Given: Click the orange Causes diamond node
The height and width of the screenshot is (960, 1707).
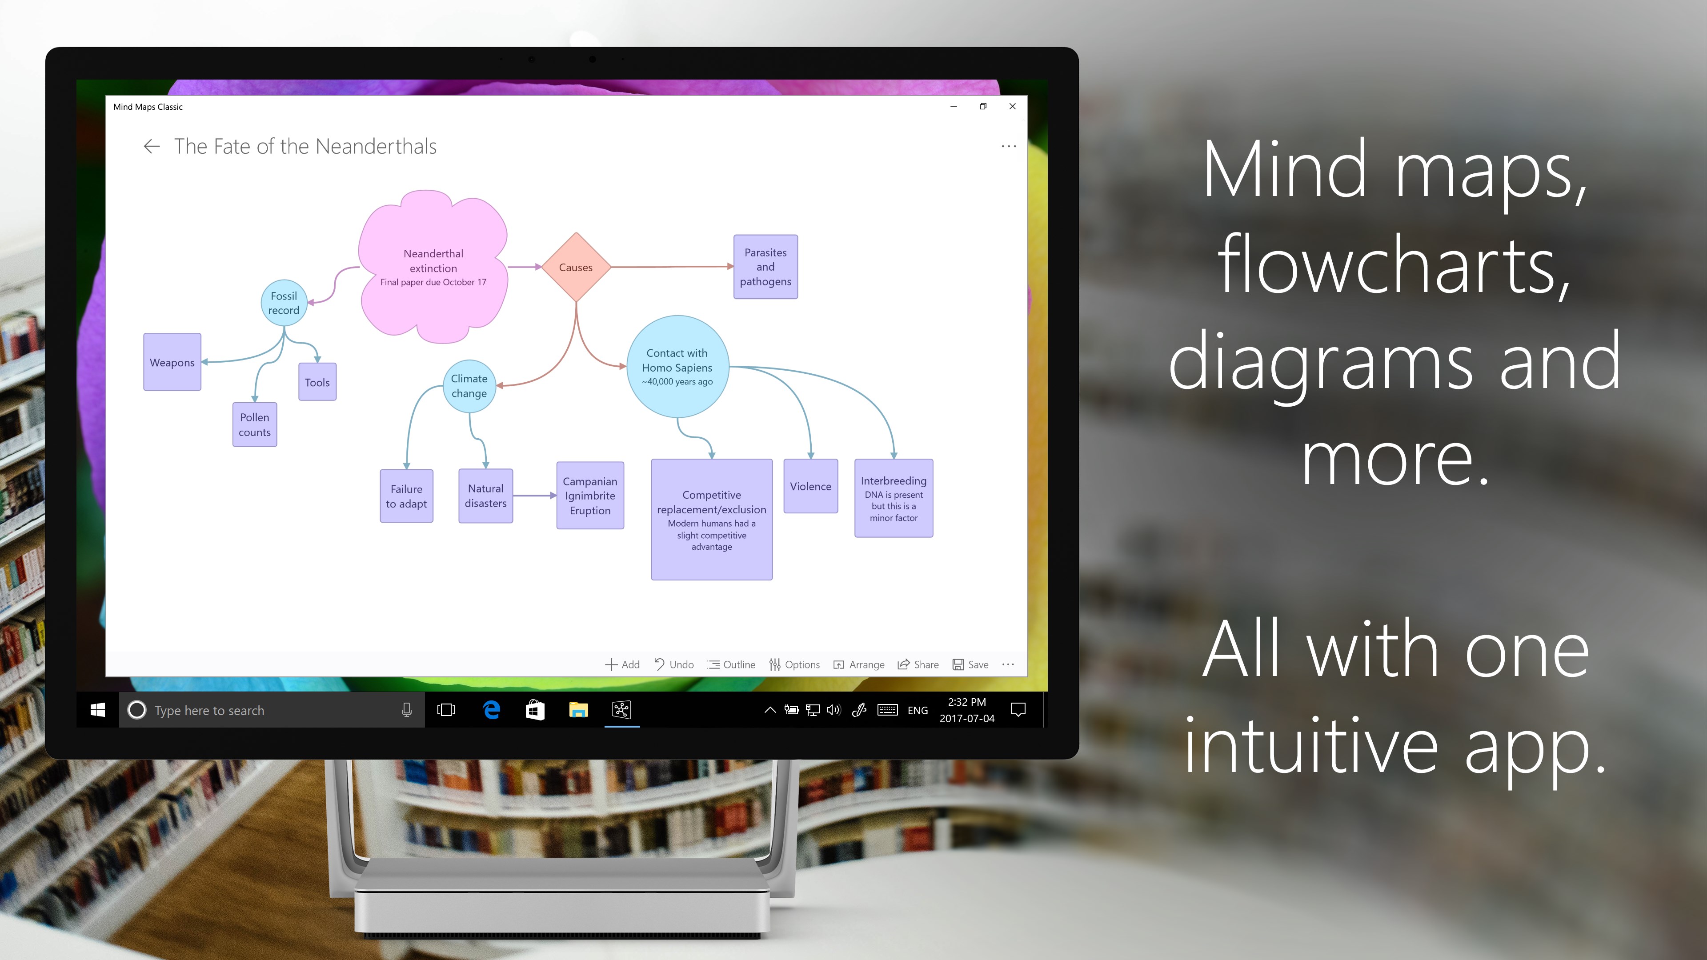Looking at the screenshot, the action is click(576, 267).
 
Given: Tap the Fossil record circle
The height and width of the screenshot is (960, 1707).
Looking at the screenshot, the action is click(284, 303).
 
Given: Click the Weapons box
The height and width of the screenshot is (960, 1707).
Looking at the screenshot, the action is click(172, 362).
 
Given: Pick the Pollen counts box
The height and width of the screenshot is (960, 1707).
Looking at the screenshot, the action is click(254, 425).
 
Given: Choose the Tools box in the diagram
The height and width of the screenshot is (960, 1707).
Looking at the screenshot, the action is click(317, 382).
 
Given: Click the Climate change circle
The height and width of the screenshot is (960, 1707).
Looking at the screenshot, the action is click(469, 386).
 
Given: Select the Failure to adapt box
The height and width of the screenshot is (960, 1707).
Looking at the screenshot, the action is click(406, 496).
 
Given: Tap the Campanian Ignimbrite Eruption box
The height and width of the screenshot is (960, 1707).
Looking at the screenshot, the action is click(590, 496).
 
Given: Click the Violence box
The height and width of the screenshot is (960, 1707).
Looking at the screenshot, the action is click(810, 486).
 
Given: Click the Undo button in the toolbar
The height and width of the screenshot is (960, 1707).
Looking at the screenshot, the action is click(674, 664).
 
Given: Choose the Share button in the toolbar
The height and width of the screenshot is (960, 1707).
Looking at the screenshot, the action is click(918, 664).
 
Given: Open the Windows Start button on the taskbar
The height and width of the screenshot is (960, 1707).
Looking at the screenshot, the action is click(97, 710).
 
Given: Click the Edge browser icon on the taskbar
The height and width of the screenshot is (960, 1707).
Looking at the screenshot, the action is click(492, 710).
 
